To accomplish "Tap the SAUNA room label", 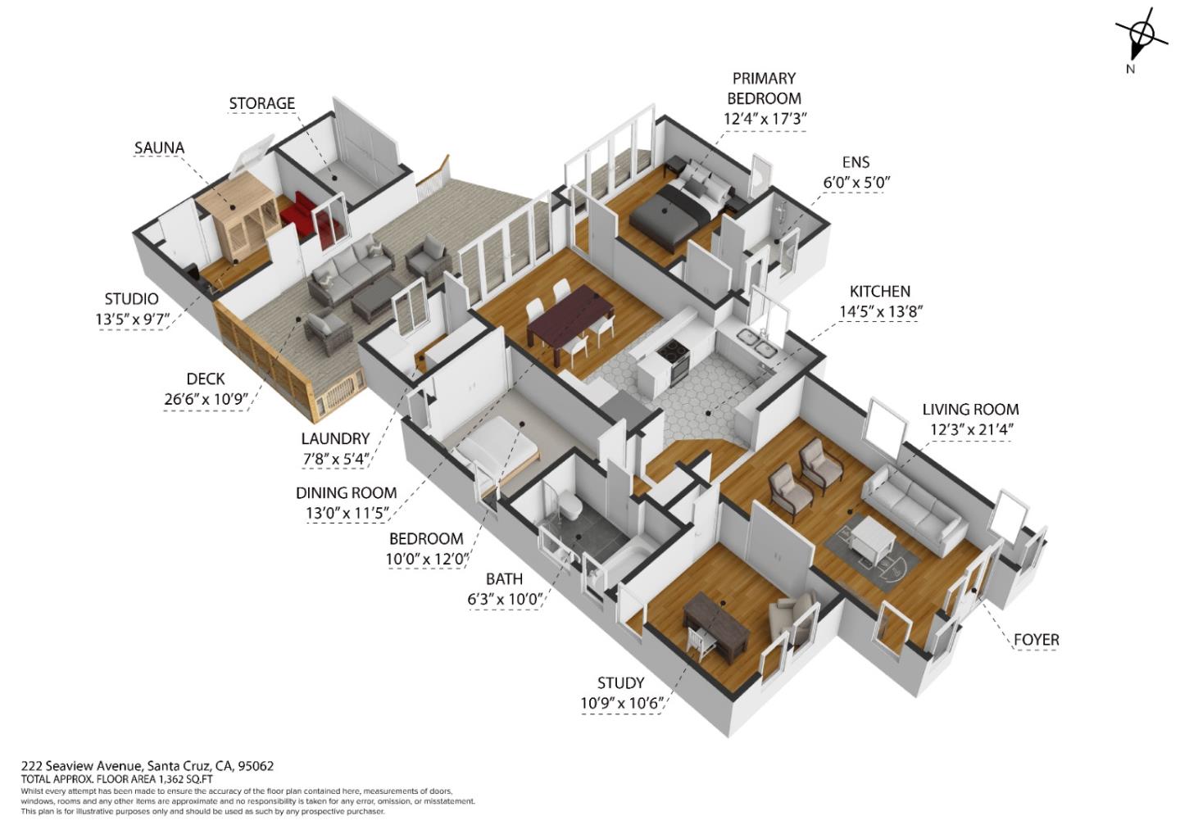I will tap(159, 148).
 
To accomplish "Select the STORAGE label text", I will tap(261, 103).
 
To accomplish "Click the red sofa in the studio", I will tap(302, 215).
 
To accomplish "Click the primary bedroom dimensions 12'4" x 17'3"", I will tap(765, 118).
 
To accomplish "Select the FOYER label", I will tap(1036, 640).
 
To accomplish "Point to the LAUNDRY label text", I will tap(335, 439).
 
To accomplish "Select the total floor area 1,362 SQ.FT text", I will tap(117, 779).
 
